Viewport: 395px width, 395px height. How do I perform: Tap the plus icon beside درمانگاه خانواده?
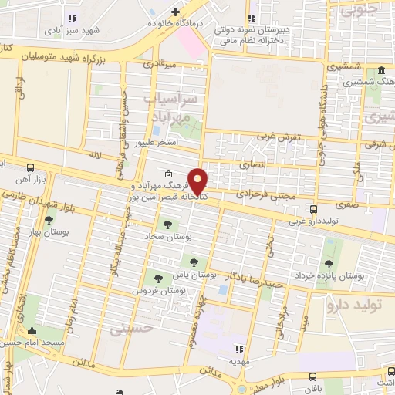tap(176, 12)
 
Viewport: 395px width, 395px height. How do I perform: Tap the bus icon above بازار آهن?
tap(30, 167)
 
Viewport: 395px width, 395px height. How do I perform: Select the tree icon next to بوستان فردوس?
tap(157, 278)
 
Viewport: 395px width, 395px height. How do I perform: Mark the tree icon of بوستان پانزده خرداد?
tap(329, 244)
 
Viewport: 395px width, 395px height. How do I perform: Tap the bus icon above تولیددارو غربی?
tap(313, 209)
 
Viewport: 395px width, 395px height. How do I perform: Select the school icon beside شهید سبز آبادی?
tap(73, 18)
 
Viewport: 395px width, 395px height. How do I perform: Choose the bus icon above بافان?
tap(312, 376)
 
